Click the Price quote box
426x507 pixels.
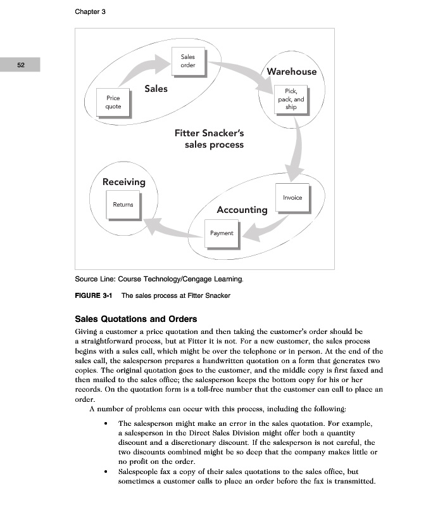[113, 103]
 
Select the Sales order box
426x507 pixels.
[187, 61]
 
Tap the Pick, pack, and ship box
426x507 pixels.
[291, 99]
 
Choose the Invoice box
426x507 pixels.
[292, 198]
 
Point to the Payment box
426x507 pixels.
[222, 234]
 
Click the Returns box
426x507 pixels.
[123, 205]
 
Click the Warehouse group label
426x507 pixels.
[291, 72]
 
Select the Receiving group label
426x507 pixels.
[124, 182]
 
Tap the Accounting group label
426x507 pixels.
[242, 210]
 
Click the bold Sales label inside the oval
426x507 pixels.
[156, 89]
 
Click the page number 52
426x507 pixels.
[20, 65]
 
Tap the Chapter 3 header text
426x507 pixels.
[90, 12]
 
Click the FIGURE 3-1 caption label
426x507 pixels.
[92, 295]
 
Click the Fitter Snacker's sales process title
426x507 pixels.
[210, 139]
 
